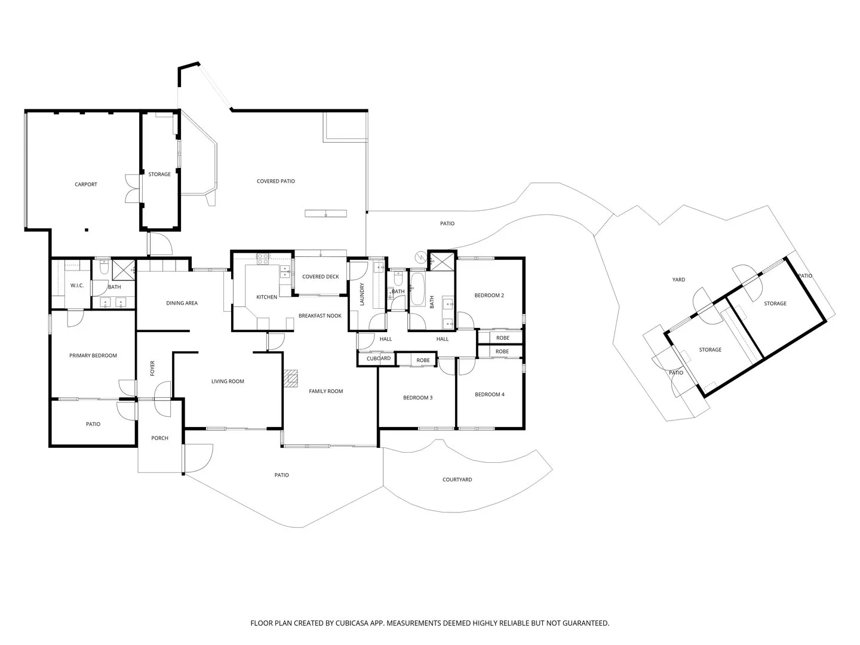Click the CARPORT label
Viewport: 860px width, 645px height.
tap(85, 185)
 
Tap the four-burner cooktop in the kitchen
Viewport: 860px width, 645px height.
tap(262, 259)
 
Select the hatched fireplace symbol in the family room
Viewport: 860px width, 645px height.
tap(290, 379)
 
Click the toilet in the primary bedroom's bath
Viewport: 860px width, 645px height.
tap(104, 270)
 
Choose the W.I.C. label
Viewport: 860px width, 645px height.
tap(77, 285)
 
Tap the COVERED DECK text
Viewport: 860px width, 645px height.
tap(320, 277)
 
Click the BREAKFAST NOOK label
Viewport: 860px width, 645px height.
tap(320, 315)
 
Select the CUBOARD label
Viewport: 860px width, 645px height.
tap(379, 359)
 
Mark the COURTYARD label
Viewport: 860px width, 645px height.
tap(457, 480)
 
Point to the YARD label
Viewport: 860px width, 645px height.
tap(678, 279)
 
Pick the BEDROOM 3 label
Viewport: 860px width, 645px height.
tap(417, 398)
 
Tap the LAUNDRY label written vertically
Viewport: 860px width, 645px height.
tap(362, 294)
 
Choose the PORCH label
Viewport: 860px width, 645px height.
tap(159, 438)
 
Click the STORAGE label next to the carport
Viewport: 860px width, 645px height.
tap(159, 174)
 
